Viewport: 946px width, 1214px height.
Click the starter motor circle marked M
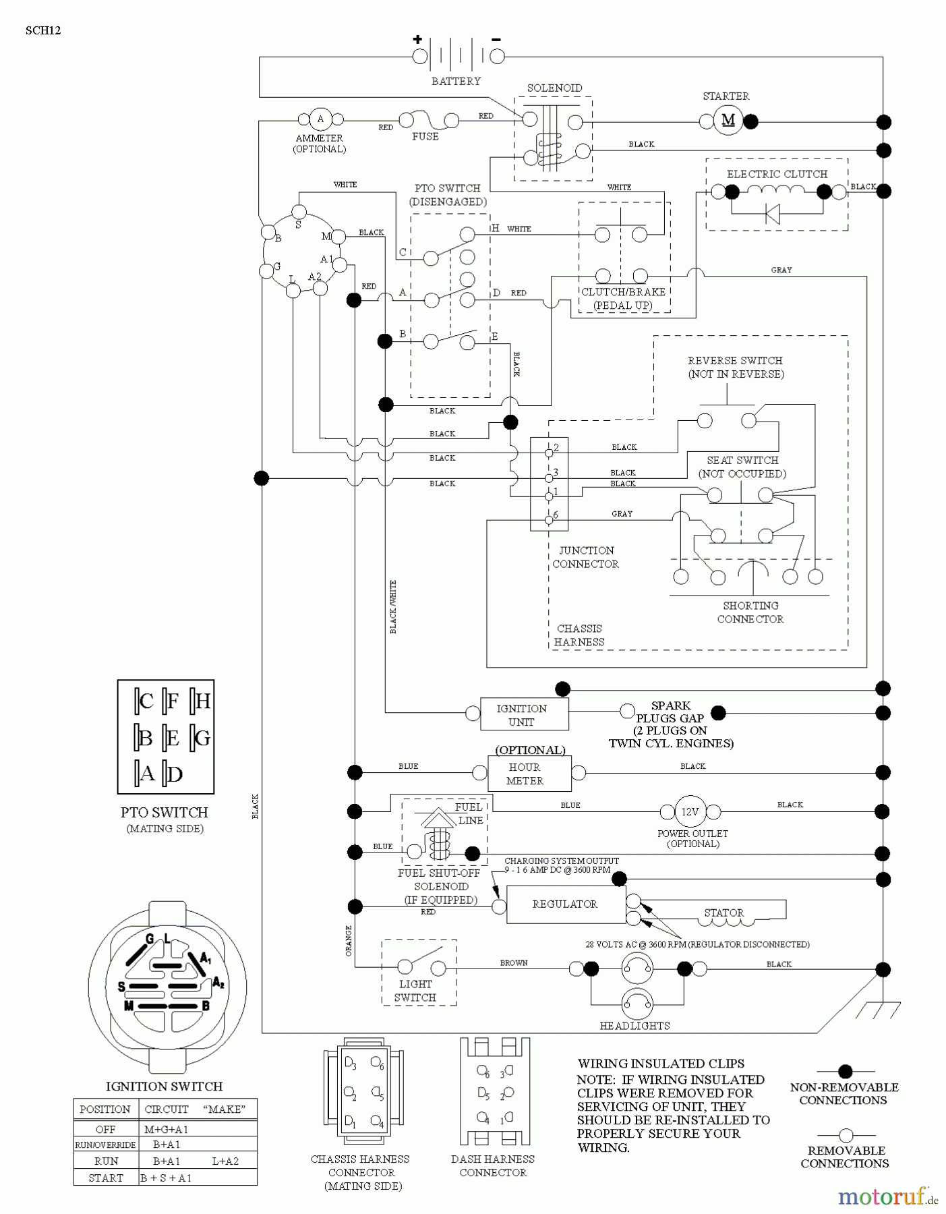coord(728,121)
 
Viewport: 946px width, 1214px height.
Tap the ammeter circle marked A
coord(320,119)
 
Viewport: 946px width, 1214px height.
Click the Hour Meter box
coord(529,774)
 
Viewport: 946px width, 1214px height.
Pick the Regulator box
coord(565,904)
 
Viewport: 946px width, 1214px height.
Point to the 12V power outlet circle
coord(690,811)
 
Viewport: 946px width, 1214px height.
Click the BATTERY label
coord(456,81)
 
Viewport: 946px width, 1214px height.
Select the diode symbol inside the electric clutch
coord(773,214)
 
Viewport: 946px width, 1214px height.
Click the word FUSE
coord(425,136)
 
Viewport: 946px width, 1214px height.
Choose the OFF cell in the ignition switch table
coord(105,1129)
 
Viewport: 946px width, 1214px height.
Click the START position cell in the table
coord(105,1178)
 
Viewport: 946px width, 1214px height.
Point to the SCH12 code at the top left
coord(43,30)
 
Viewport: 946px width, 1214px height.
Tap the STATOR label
coord(724,913)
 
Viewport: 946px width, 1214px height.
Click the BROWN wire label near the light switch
coord(514,962)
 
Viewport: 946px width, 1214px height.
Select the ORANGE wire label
coord(349,940)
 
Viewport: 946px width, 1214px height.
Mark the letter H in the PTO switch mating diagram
coord(202,701)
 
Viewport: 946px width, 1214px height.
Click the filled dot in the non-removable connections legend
coord(845,1071)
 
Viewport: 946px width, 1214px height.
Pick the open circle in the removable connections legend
coord(846,1135)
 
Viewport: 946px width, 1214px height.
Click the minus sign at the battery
coord(496,40)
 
